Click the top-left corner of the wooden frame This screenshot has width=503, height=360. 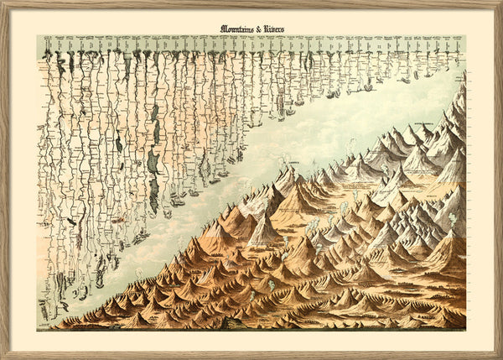tap(2, 2)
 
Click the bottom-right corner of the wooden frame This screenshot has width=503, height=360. tap(500, 357)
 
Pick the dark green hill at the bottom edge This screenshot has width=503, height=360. tap(243, 322)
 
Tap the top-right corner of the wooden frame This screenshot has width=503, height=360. tap(500, 2)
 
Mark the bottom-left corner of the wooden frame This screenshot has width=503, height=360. tap(2, 357)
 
